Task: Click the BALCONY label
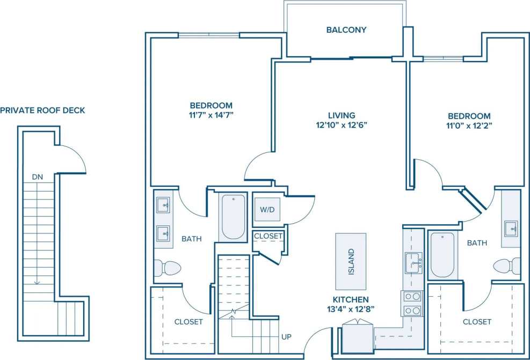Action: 346,30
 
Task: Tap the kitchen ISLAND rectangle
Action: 351,261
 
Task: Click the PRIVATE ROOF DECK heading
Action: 42,111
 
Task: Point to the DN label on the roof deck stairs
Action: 37,177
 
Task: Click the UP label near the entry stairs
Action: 287,337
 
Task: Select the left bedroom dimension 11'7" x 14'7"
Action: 211,115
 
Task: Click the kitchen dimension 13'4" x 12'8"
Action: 351,308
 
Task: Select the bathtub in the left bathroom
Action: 232,217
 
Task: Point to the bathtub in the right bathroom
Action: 442,255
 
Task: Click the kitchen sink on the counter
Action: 413,263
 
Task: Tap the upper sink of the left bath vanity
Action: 164,205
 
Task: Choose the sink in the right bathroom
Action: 511,229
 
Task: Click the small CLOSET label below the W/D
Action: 268,236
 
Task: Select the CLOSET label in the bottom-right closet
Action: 477,322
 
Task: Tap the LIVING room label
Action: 342,115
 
